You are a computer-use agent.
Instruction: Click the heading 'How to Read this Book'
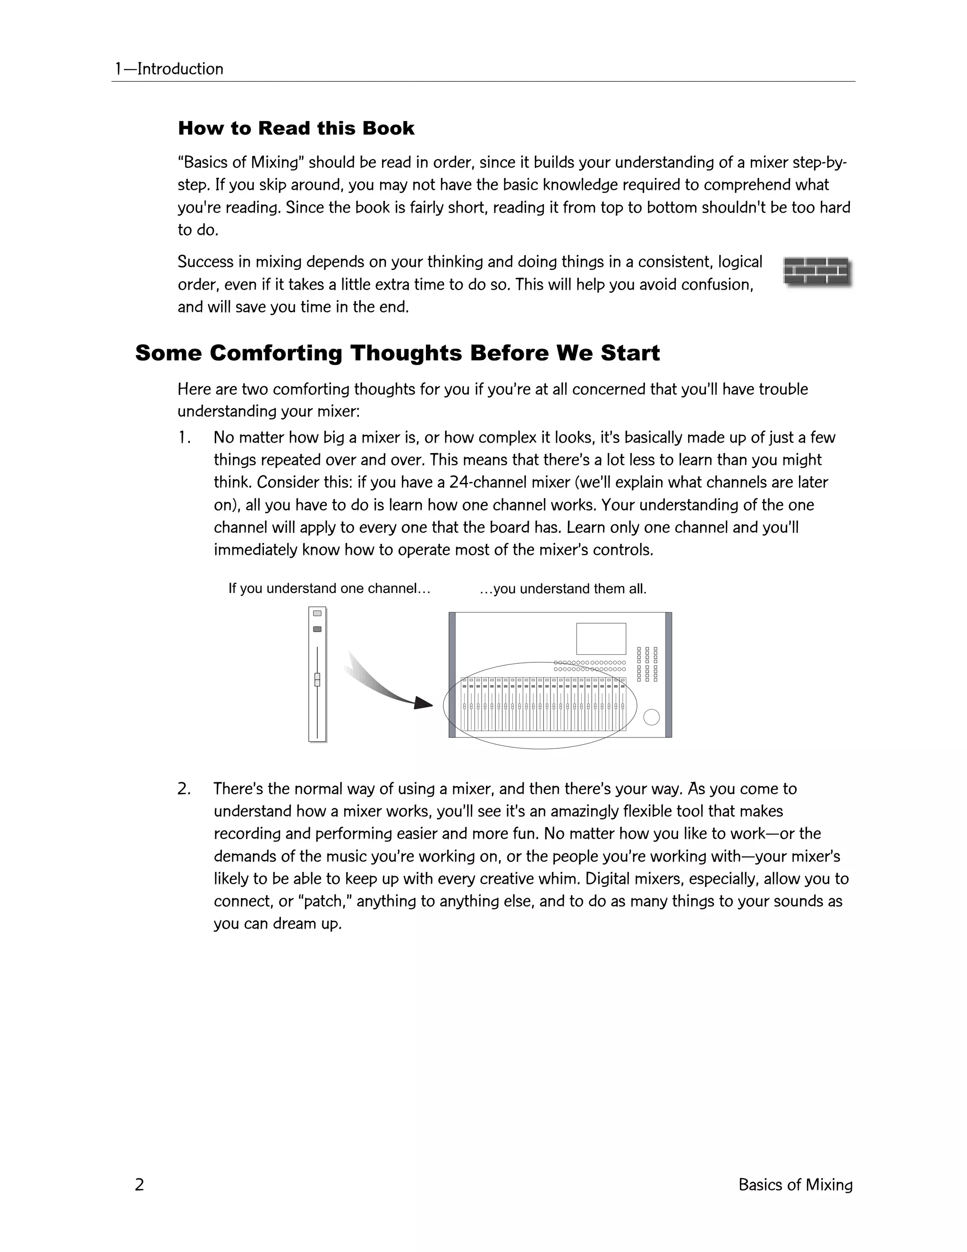pos(296,129)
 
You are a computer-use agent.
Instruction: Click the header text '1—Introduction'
pos(169,69)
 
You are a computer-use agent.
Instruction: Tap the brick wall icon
pos(817,272)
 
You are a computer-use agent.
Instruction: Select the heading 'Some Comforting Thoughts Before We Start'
pos(397,353)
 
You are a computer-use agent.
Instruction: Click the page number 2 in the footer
pos(139,1184)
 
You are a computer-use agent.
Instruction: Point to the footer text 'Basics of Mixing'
pos(795,1184)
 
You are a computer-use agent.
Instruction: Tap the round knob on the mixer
pos(651,717)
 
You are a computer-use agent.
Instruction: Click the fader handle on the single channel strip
pos(317,679)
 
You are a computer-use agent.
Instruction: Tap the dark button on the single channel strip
pos(317,629)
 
